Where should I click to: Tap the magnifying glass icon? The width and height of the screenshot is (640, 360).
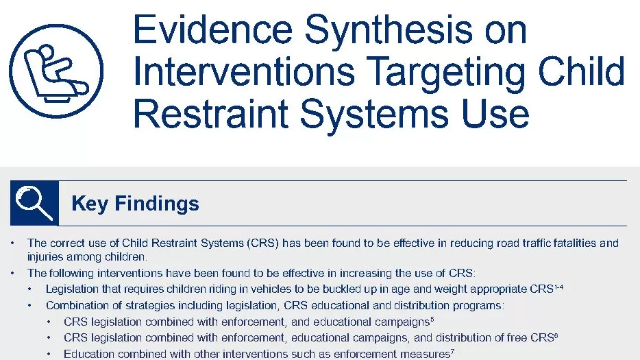point(34,203)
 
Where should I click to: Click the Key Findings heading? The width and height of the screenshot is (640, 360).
point(135,204)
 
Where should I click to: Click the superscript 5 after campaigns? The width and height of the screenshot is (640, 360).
point(432,319)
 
